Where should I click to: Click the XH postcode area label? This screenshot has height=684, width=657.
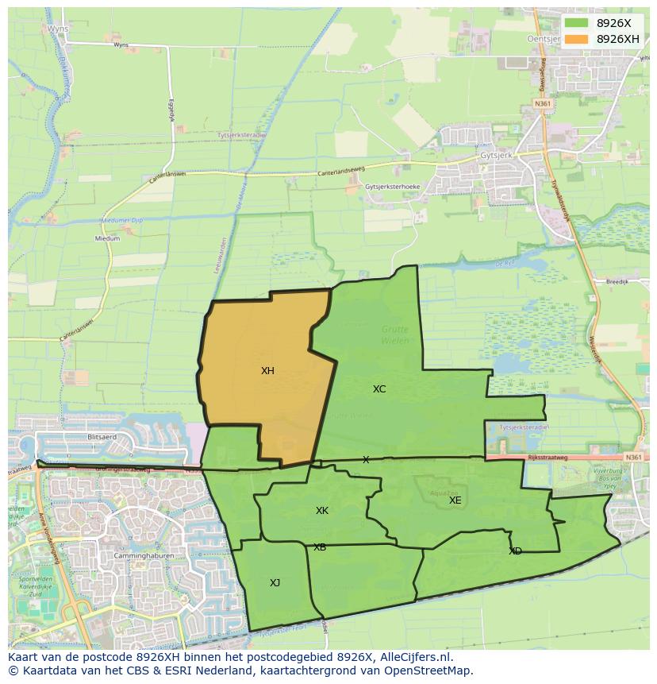point(267,371)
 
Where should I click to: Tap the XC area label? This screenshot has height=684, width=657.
point(379,389)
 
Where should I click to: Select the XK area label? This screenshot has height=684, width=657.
point(322,511)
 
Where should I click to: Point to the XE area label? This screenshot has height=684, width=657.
point(455,500)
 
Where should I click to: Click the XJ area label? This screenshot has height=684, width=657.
point(275,583)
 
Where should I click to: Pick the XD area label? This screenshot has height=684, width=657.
point(516,551)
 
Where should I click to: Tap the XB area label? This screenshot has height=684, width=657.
point(319,547)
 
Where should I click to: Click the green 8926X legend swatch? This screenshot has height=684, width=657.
point(577,23)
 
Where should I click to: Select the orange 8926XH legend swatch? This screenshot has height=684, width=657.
point(577,39)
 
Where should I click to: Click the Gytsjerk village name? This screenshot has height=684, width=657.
point(498,156)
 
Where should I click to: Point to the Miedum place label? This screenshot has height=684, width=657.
point(107,238)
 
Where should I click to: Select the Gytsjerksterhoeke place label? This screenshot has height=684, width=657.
point(393,187)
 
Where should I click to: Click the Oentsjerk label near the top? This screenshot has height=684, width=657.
point(546,38)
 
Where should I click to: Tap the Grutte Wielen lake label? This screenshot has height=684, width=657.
point(394,335)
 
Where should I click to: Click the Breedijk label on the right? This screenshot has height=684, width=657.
point(617,281)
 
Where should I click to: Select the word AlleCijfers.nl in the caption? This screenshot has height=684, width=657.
point(415,657)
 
